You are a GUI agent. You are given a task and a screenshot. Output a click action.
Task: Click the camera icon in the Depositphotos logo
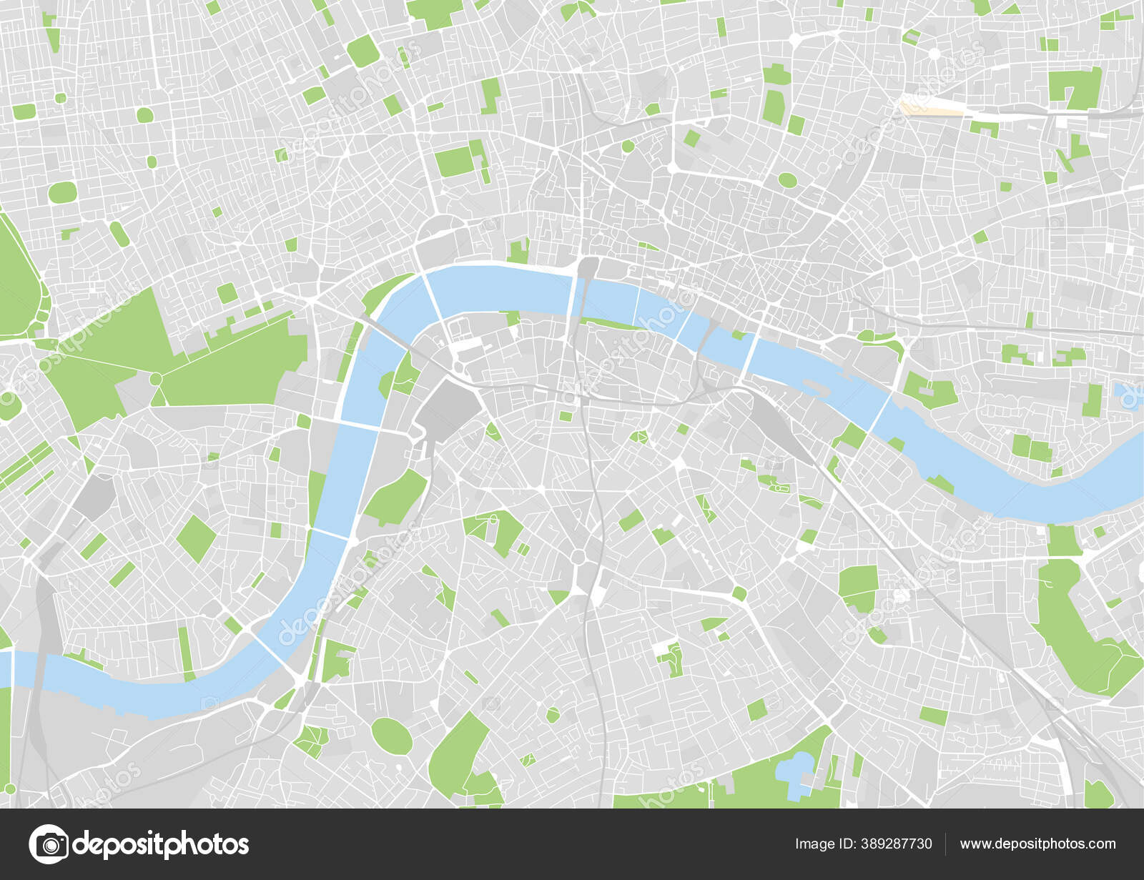coord(49,844)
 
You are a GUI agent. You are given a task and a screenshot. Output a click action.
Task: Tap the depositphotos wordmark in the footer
coord(161,844)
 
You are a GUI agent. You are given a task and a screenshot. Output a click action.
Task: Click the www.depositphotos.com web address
coord(1037,844)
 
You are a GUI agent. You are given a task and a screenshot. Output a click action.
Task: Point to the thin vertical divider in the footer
coord(945,844)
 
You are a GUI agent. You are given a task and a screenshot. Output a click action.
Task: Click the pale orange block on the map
coord(929,109)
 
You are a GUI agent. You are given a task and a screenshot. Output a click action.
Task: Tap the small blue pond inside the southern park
coord(794,771)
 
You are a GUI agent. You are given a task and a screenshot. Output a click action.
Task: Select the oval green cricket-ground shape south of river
coord(391,736)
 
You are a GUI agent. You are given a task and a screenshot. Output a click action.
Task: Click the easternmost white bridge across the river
coord(880,412)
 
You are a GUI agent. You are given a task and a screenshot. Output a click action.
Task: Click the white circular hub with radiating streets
coord(935,54)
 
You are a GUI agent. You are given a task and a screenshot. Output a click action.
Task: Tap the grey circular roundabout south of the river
coord(578,556)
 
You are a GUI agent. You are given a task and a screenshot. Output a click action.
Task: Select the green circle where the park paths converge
coord(155,377)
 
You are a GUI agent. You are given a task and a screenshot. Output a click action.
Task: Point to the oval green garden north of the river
coord(786,180)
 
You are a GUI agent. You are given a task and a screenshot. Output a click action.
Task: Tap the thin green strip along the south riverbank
coord(608,324)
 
